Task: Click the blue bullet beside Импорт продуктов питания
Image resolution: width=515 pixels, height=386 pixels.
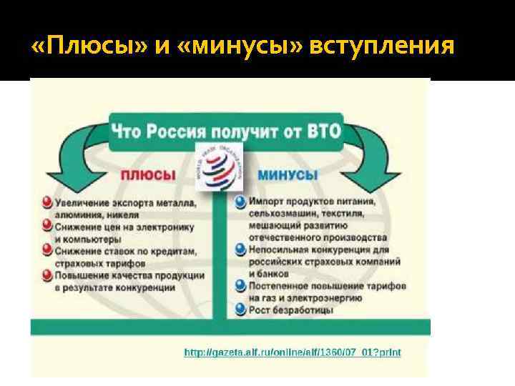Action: (x=240, y=202)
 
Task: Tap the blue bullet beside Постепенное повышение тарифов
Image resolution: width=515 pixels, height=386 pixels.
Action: (x=240, y=285)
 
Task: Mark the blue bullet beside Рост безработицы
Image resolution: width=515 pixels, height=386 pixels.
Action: (x=240, y=309)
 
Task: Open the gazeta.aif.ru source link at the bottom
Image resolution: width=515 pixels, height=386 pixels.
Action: (x=293, y=352)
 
